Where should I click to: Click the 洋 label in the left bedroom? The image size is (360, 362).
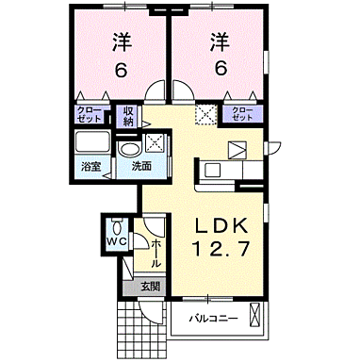[121, 42]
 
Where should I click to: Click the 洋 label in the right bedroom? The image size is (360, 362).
[219, 42]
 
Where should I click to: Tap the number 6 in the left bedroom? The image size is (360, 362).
[121, 70]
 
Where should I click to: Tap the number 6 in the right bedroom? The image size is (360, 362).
[219, 70]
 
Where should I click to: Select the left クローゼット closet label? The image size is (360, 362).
[90, 114]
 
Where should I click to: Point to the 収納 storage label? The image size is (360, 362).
[129, 115]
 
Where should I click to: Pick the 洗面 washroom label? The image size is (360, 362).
[141, 167]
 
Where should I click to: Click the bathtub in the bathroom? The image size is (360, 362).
[93, 143]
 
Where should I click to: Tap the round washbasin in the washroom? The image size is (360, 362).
[130, 148]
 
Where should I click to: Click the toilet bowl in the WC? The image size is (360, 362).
[116, 227]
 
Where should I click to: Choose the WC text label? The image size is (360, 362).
[116, 243]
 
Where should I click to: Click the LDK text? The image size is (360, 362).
[221, 226]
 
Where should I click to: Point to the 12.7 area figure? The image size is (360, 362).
[221, 251]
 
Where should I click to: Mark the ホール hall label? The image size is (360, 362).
[155, 251]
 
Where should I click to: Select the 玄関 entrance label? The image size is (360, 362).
[151, 287]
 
